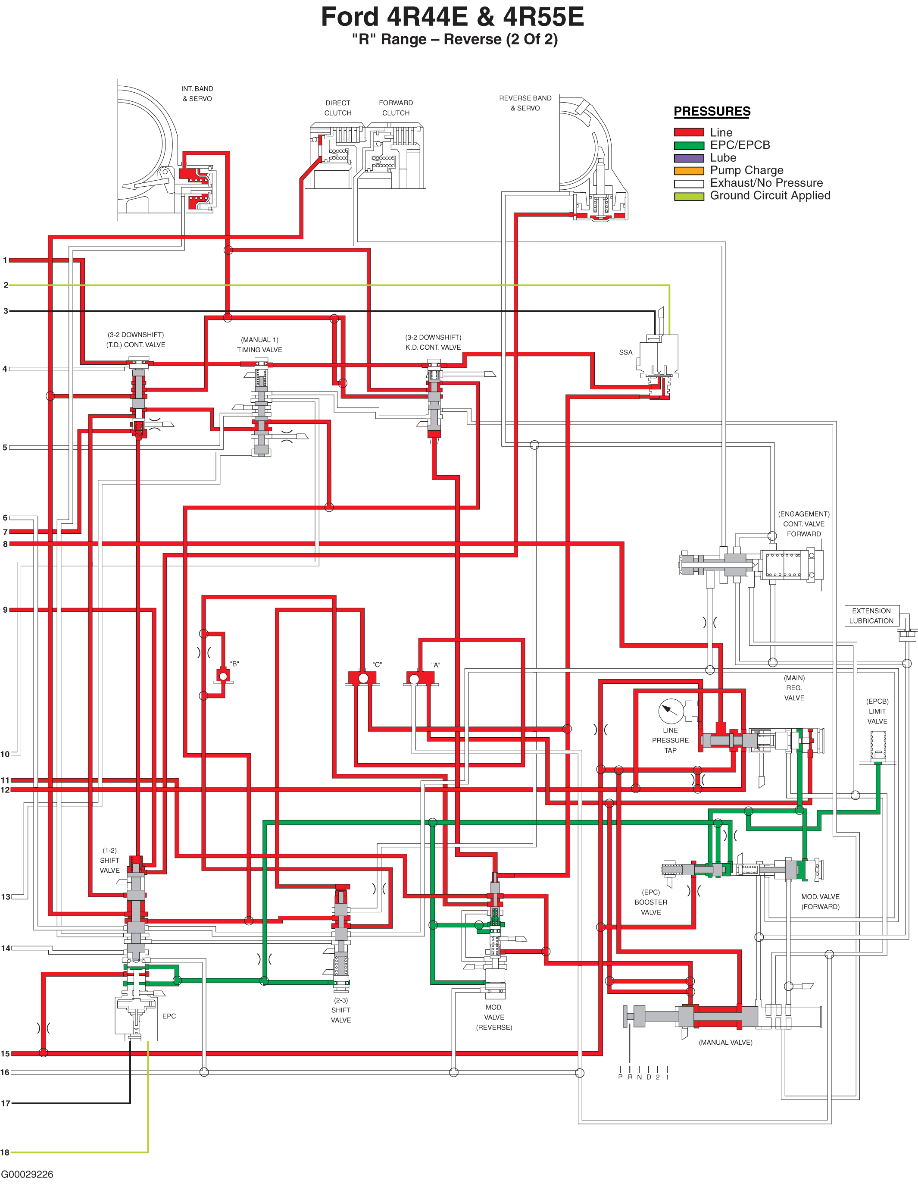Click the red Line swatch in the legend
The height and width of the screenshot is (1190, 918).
click(689, 132)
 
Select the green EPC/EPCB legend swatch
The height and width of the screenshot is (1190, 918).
click(689, 145)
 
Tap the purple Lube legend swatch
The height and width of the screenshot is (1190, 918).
click(689, 158)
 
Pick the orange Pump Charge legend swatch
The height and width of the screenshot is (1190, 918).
click(689, 171)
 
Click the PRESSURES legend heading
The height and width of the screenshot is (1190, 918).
click(712, 111)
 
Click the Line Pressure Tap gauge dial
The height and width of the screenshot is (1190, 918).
click(671, 711)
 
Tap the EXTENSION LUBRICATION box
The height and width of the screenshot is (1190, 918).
click(871, 616)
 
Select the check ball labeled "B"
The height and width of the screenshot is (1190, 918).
click(223, 676)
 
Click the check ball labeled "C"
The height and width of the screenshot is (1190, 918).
click(363, 678)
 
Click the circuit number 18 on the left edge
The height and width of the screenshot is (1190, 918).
click(5, 1152)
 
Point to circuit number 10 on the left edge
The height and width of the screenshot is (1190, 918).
click(5, 754)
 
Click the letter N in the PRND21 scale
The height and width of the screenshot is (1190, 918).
click(640, 1077)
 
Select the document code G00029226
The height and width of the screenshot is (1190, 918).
click(27, 1174)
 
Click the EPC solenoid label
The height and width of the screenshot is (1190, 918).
click(169, 1016)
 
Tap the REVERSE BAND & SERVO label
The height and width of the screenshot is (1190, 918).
click(525, 103)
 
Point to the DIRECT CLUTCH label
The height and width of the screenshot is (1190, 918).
click(338, 108)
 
